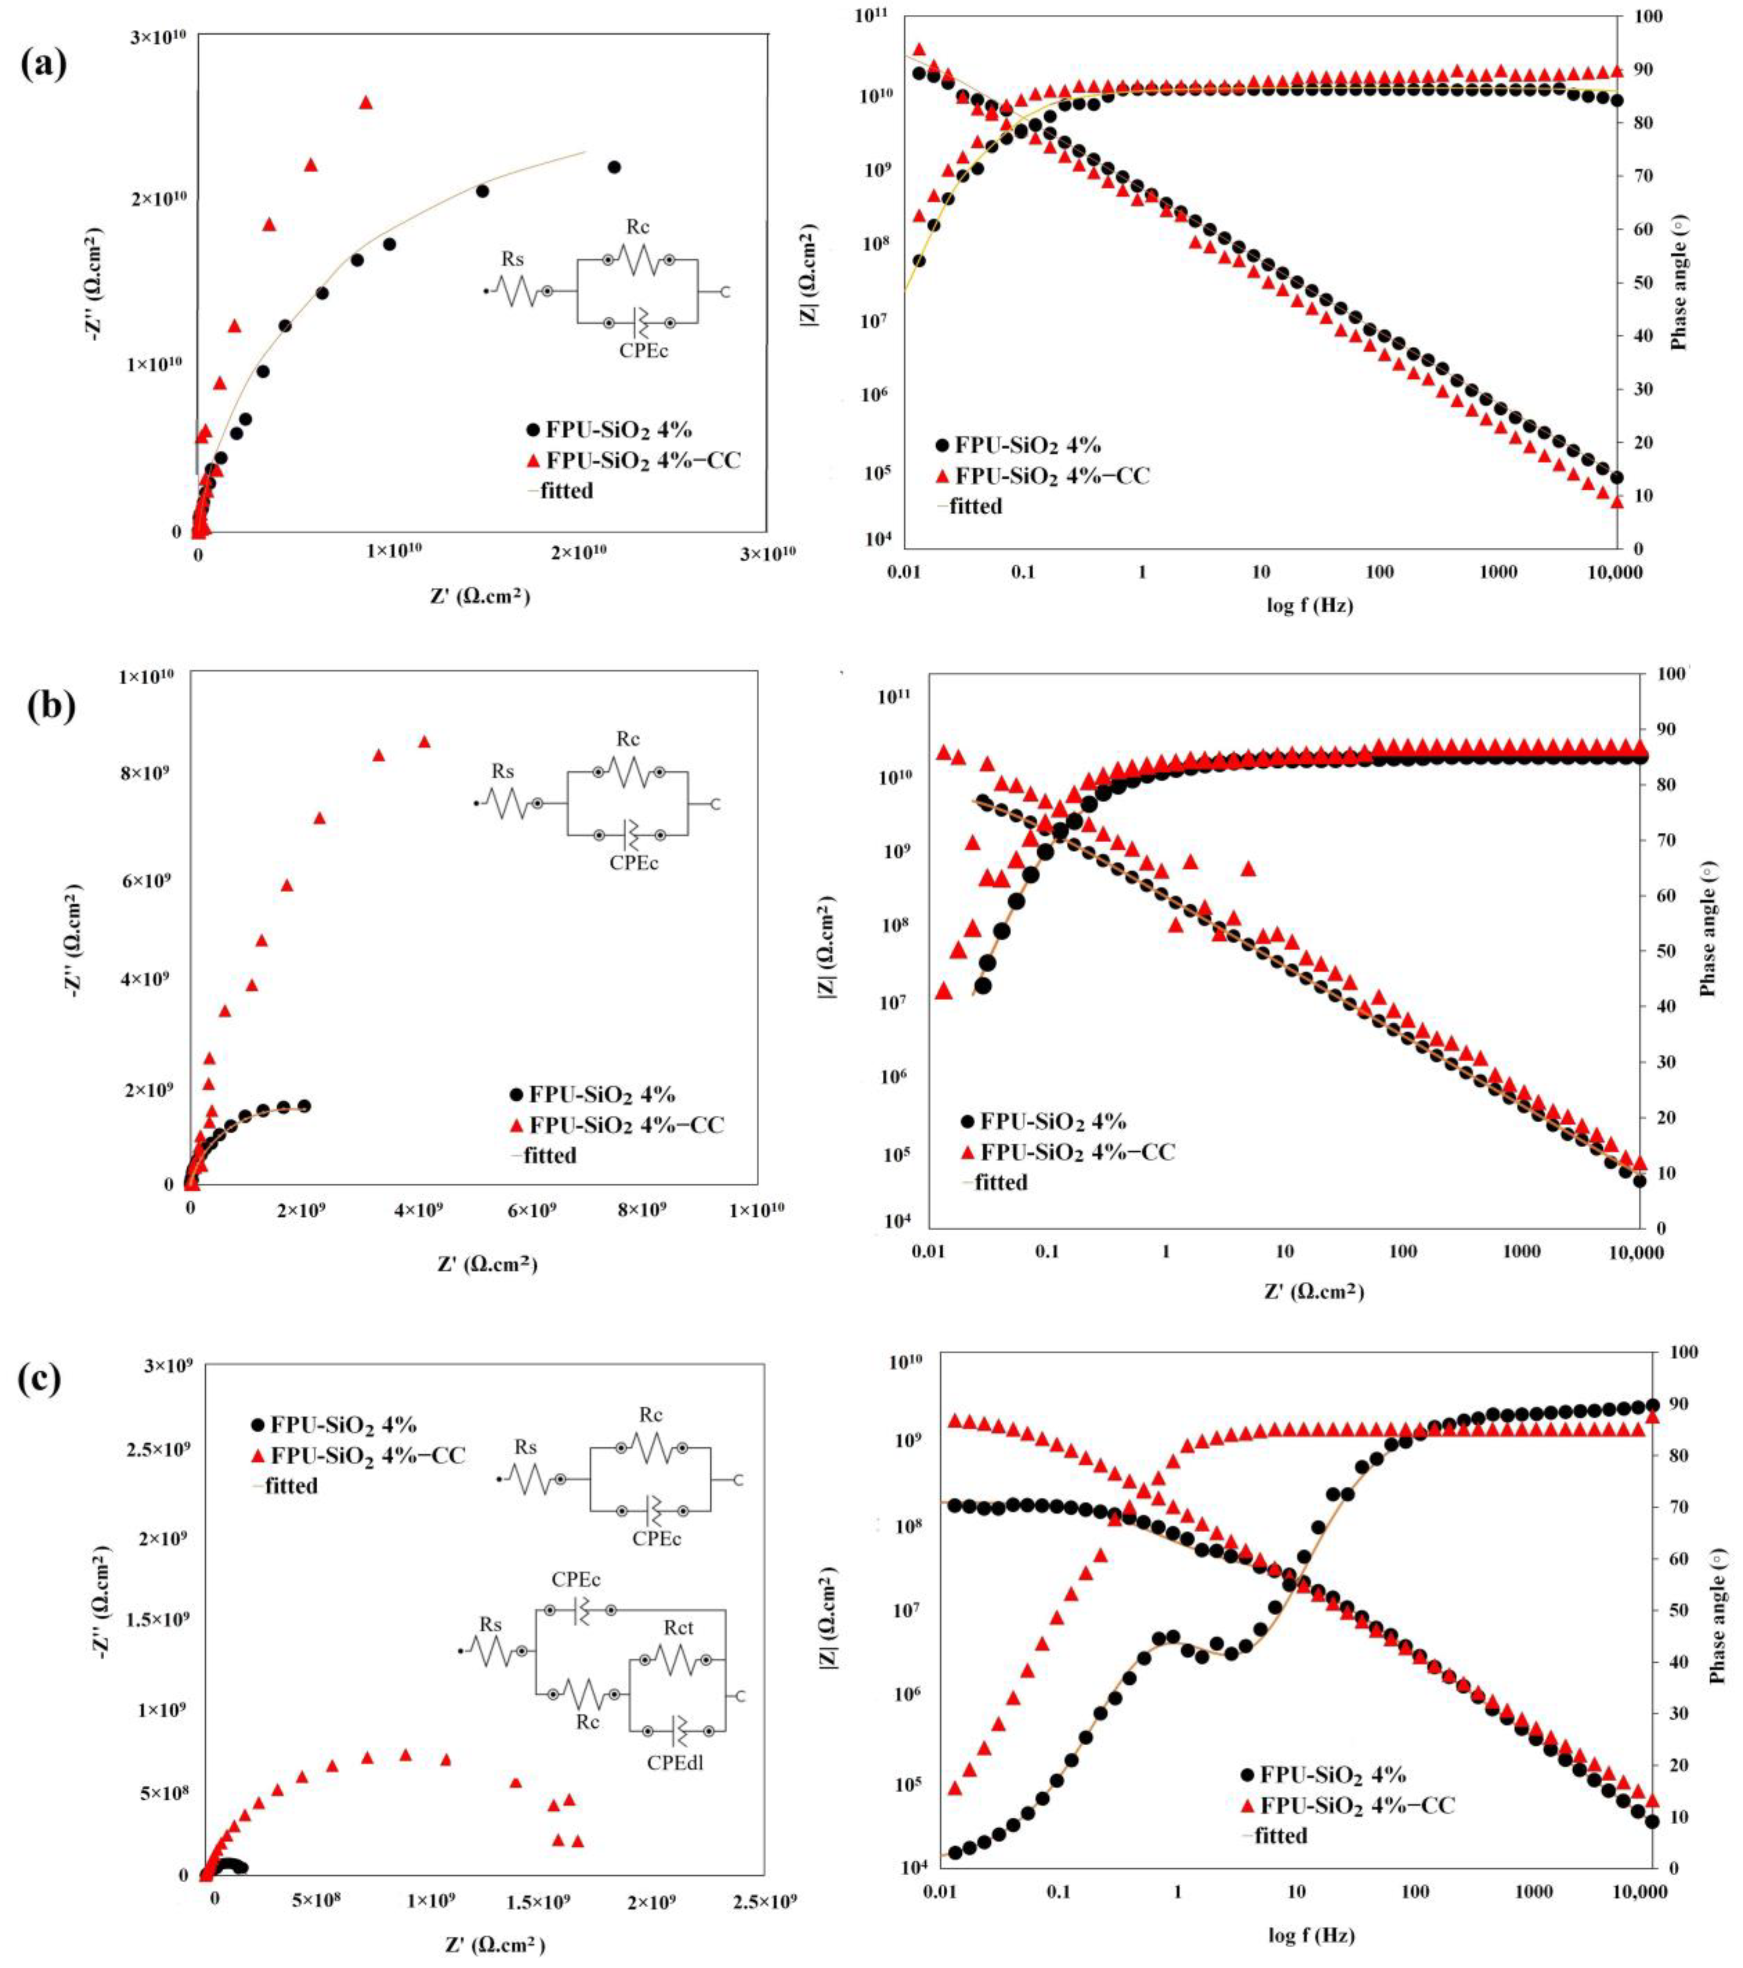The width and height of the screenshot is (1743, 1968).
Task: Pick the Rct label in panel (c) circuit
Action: coord(678,1627)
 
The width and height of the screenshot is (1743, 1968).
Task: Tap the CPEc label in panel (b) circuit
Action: coord(634,863)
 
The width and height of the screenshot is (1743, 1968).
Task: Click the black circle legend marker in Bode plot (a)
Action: coord(942,445)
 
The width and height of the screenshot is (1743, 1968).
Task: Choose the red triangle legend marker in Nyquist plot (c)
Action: coord(257,1455)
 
